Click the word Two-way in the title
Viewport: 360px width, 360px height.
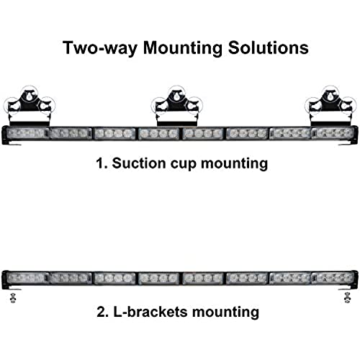(100, 48)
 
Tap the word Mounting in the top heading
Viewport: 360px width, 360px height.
(183, 48)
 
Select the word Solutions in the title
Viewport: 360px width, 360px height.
(268, 48)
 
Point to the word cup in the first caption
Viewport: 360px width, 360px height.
(184, 165)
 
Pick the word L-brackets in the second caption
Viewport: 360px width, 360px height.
(150, 312)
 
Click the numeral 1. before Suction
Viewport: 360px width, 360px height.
(102, 163)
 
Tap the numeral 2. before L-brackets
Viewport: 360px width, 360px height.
(103, 312)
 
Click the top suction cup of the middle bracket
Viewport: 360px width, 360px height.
(177, 94)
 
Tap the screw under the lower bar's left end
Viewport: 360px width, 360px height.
(13, 298)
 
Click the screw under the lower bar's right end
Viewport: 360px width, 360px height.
(347, 298)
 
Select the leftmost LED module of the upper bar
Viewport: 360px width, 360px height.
(26, 133)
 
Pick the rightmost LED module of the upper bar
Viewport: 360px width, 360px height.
(333, 133)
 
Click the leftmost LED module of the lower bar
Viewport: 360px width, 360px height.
(26, 278)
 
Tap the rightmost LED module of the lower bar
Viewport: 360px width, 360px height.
(333, 278)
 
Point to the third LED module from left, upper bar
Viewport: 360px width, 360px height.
(114, 133)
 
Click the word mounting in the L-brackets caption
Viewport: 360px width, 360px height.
(225, 312)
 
